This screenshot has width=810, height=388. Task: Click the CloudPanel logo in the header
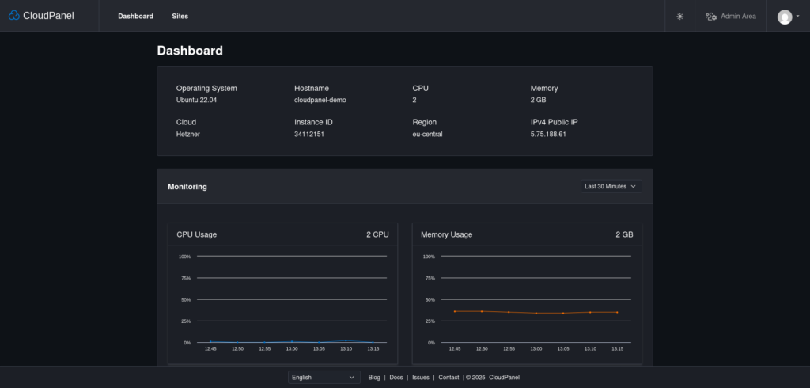(x=41, y=16)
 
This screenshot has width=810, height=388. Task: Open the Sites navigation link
(x=180, y=16)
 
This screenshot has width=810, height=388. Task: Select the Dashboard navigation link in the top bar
(x=135, y=16)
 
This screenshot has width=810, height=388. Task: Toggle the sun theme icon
(x=679, y=16)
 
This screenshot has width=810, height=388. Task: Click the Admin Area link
(x=731, y=16)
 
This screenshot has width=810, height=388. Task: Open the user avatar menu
(x=788, y=17)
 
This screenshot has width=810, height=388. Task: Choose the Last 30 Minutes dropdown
(x=610, y=187)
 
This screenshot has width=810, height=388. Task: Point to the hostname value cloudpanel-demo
(x=320, y=101)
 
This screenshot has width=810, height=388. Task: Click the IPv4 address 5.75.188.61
(x=548, y=135)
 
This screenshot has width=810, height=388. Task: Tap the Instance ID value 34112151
(x=309, y=135)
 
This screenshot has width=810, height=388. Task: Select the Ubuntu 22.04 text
(x=196, y=101)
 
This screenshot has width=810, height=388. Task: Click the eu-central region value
(x=427, y=135)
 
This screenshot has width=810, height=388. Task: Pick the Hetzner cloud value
(x=188, y=135)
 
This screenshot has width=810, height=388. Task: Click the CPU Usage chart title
(x=197, y=234)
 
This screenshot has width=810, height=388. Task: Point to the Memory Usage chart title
(x=446, y=234)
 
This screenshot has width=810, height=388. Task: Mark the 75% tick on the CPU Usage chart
(x=186, y=278)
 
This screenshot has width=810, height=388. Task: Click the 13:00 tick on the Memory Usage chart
(x=536, y=349)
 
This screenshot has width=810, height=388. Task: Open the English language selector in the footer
(x=324, y=378)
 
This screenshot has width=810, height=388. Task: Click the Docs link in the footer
(x=396, y=378)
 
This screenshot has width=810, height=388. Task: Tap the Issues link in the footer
(x=420, y=378)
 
